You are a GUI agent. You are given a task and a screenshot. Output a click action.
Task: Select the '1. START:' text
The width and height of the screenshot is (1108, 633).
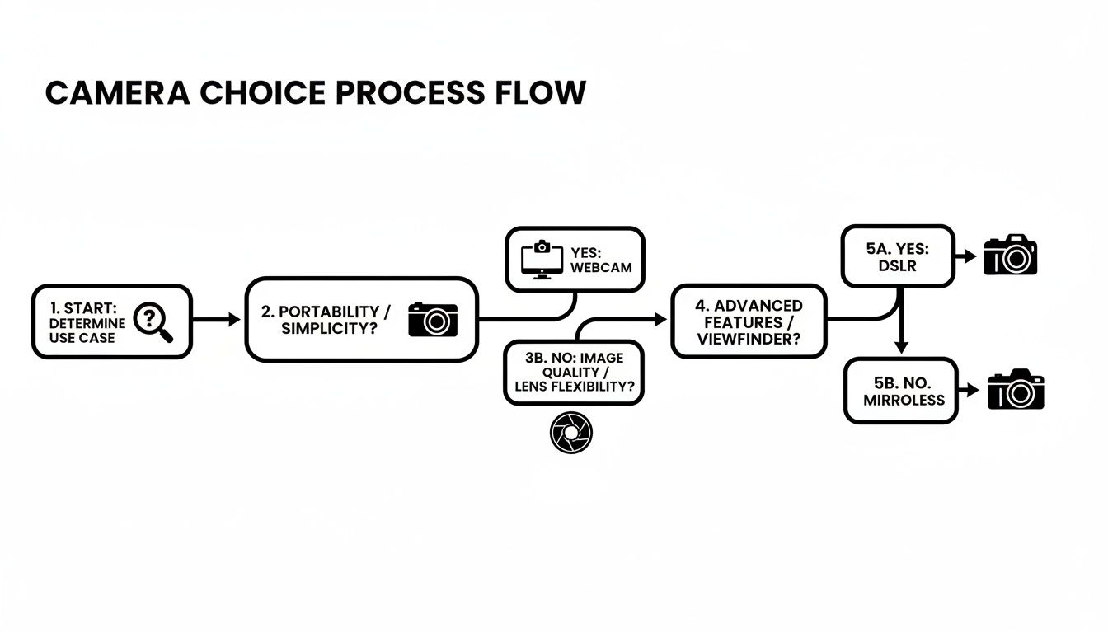tap(82, 307)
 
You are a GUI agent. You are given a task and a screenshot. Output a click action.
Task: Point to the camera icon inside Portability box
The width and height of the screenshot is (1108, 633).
tap(433, 319)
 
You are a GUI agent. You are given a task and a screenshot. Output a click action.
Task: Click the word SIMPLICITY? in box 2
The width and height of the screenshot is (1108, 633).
tap(326, 329)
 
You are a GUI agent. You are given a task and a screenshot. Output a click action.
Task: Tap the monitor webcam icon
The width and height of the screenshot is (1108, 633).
tap(542, 260)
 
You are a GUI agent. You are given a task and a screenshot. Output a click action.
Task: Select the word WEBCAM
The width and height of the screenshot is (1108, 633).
tap(600, 268)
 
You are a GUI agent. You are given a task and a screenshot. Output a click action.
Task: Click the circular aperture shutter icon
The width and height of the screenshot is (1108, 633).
tap(570, 433)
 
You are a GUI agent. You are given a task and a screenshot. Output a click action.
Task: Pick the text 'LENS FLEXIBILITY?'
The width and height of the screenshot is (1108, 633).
tap(575, 387)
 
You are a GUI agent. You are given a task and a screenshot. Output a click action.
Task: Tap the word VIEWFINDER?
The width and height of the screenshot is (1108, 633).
tap(749, 338)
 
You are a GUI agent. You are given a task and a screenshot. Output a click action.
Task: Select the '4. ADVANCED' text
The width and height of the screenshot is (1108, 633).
tap(749, 306)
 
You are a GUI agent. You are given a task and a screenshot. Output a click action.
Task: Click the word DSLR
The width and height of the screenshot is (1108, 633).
tap(897, 267)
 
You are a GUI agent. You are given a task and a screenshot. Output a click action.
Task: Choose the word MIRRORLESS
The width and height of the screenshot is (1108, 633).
tap(904, 400)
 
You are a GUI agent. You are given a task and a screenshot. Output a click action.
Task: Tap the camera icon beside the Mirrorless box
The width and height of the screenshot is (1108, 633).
tap(1016, 390)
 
